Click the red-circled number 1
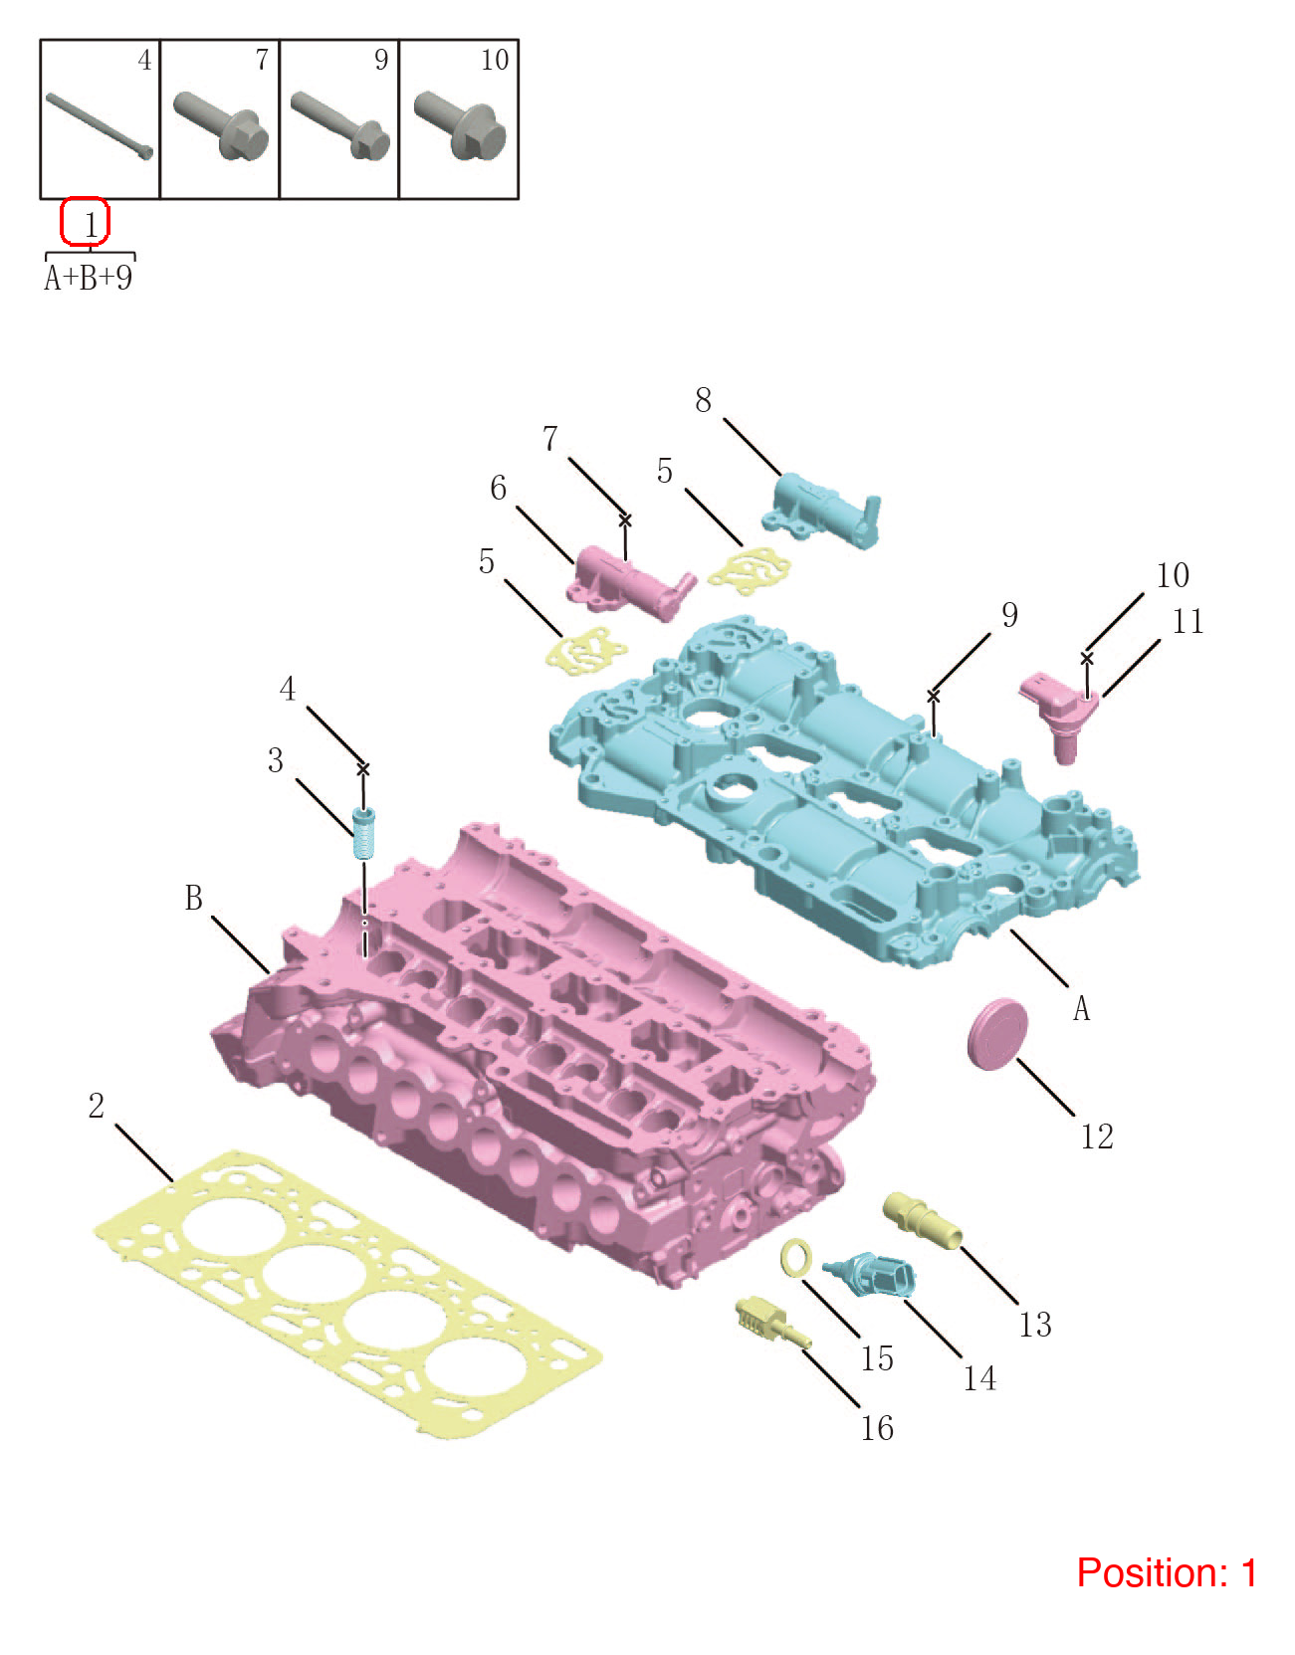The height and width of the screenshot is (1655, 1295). [91, 225]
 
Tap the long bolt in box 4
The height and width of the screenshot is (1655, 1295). [99, 125]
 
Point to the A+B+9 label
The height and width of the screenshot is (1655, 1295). [89, 278]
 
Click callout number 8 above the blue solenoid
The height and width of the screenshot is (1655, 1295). [703, 401]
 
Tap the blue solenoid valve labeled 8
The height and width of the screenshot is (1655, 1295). [821, 508]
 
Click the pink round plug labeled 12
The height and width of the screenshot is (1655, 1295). [997, 1034]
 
